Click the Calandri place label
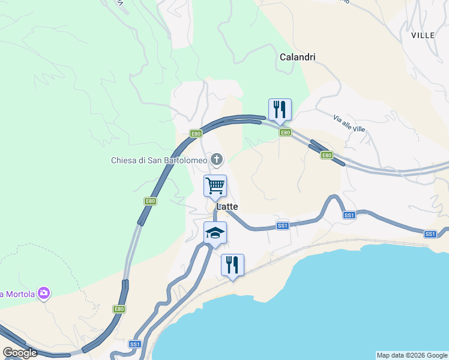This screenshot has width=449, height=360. pos(298,57)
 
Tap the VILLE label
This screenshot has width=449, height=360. pos(423,35)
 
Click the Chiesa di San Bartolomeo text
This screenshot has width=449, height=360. pos(159,160)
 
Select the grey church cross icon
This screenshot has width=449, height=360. pos(216,160)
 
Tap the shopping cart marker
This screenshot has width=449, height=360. pos(215,186)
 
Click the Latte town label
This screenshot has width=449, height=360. pos(227,206)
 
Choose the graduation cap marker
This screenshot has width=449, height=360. pos(215,233)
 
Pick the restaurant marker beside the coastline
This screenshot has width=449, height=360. pos(232,265)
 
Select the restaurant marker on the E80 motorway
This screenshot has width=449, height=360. pos(280,110)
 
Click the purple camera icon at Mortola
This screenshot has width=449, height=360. pos(43,293)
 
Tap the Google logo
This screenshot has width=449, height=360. pos(20,353)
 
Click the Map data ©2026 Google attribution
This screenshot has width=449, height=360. pos(412,355)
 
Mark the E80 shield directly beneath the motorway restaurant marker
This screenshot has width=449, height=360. pos(285,133)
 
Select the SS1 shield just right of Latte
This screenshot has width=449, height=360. pos(283,226)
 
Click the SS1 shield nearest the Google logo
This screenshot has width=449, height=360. pos(134,344)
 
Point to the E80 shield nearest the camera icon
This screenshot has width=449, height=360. pos(119,309)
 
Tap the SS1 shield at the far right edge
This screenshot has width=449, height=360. pos(430,234)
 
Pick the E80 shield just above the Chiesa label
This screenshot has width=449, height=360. pos(196,134)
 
